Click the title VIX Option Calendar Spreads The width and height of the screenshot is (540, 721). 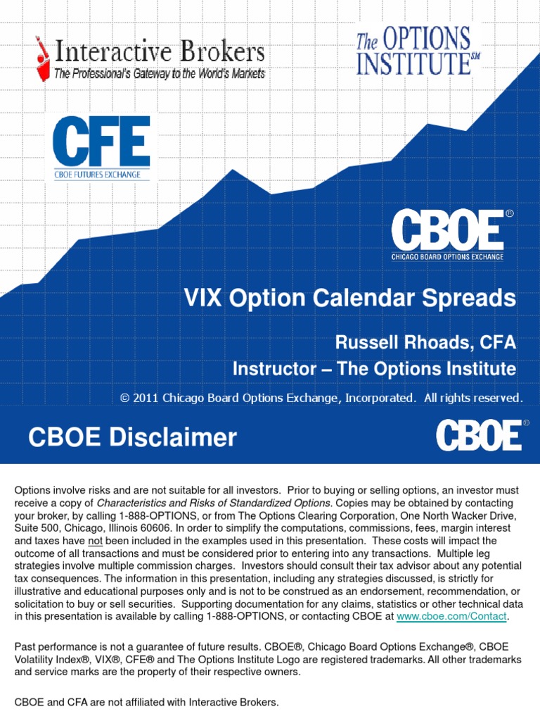tap(349, 299)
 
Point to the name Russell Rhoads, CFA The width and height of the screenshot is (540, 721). tap(425, 343)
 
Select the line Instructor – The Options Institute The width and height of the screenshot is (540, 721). tap(374, 369)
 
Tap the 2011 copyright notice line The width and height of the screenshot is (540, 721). tap(321, 399)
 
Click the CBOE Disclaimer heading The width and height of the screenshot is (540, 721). tap(132, 438)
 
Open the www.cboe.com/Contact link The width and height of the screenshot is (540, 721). tap(451, 617)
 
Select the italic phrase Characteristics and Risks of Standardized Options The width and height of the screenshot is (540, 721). tap(213, 503)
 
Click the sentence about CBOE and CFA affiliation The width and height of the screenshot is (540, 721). tap(146, 702)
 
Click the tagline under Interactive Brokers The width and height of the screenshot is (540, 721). tap(160, 74)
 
